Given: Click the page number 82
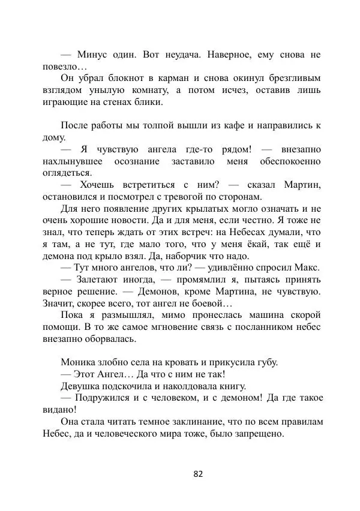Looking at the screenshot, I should click(199, 473).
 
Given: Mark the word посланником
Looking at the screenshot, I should click(259, 327).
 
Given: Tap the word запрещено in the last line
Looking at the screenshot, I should click(254, 434).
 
